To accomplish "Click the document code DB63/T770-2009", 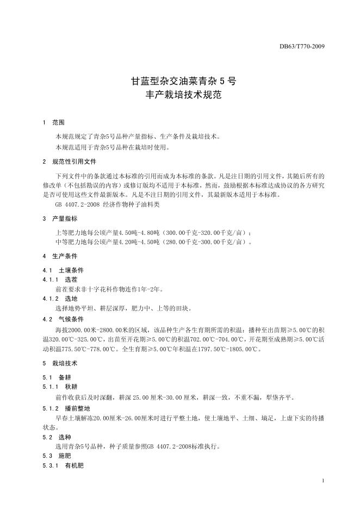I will pos(301,46).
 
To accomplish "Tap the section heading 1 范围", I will pos(53,123).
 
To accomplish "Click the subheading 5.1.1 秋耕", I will pos(60,387).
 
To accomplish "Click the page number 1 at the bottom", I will pos(323,481).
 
